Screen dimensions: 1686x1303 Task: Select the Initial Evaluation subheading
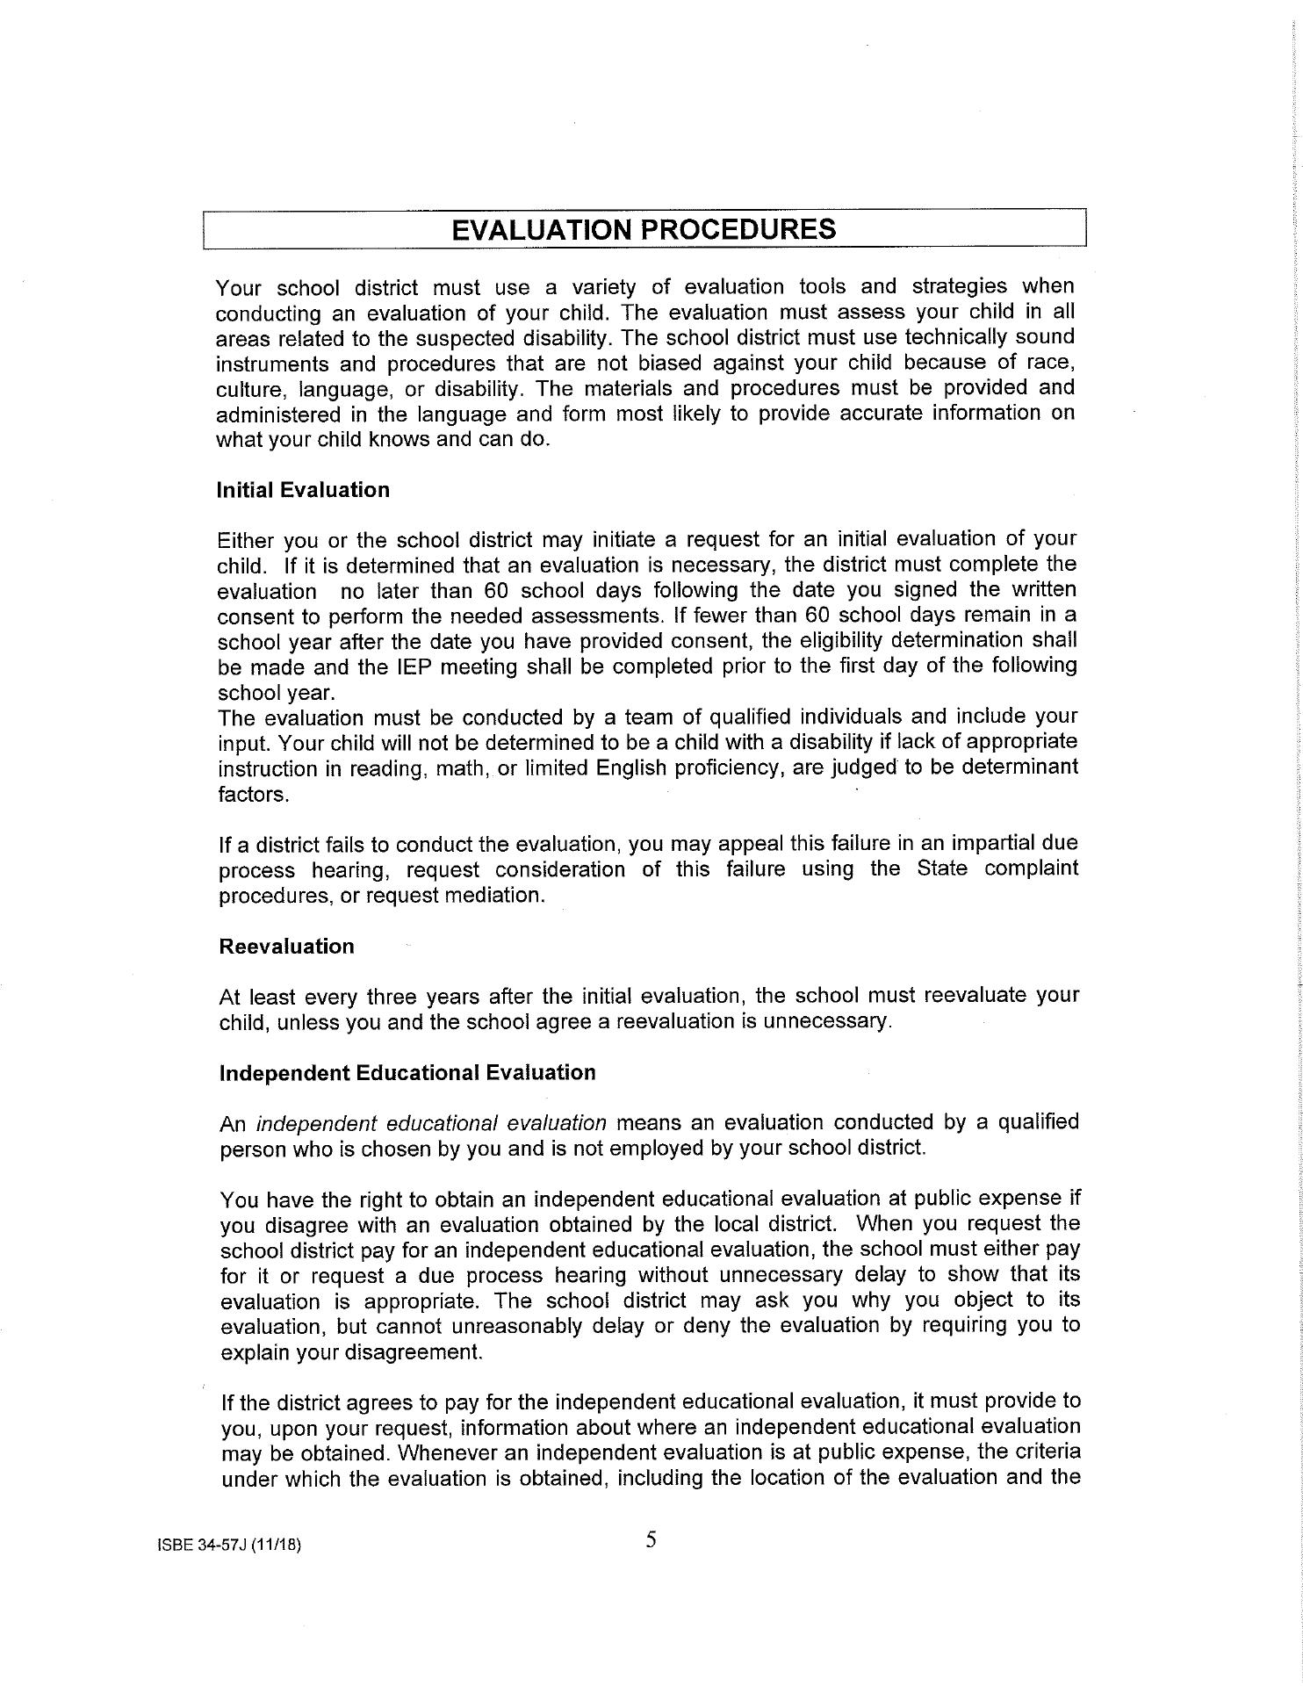(303, 490)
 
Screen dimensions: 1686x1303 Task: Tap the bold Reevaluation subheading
(287, 947)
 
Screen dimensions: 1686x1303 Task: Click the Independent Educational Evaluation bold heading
(407, 1073)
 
